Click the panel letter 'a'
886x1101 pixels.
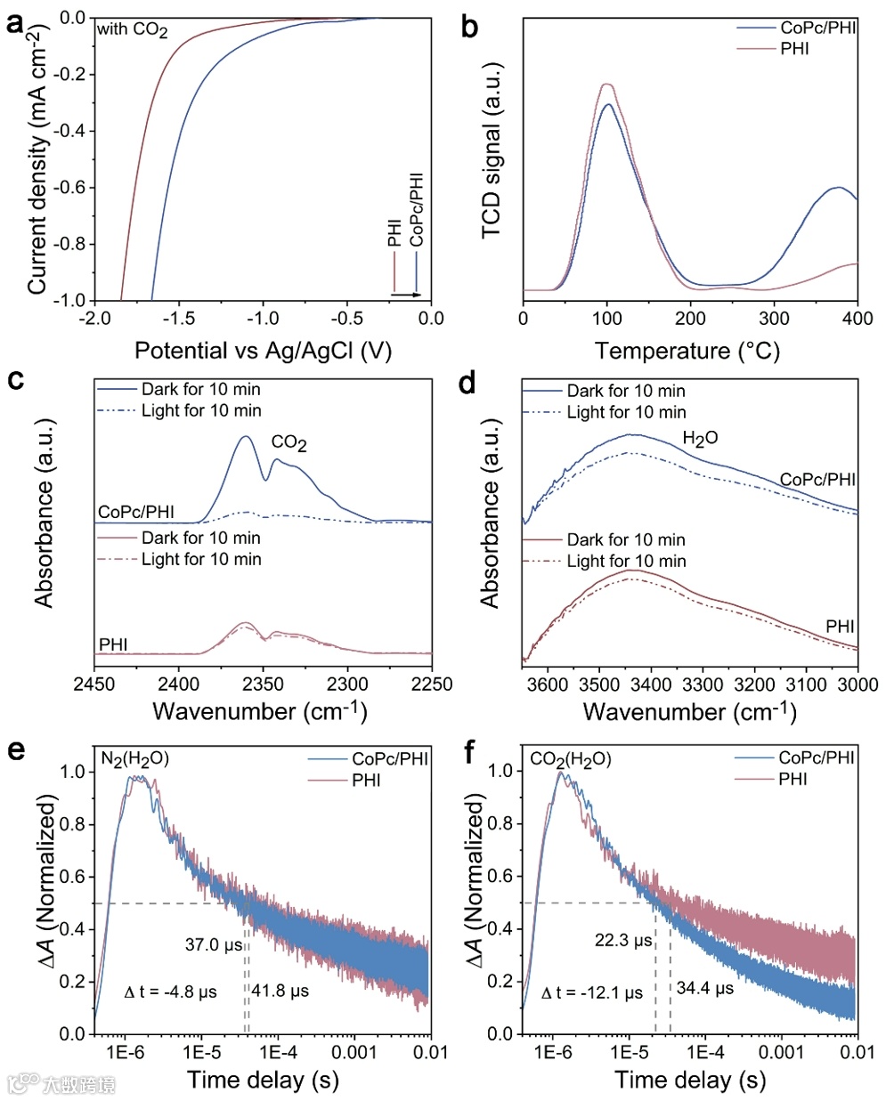coord(14,24)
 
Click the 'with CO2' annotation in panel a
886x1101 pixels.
coord(133,30)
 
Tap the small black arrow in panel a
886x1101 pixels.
coord(406,293)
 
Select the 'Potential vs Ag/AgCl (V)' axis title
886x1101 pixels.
coord(263,350)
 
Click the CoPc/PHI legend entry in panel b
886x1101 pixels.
coord(817,28)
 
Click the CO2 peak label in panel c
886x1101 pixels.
coord(289,442)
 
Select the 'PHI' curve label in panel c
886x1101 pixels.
coord(113,644)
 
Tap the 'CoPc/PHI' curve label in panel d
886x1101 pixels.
coord(817,480)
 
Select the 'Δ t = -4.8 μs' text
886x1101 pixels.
coord(171,992)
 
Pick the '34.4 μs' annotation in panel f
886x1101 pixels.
coord(704,988)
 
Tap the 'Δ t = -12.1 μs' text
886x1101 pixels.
coord(591,992)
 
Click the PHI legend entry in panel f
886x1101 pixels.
coord(793,779)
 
